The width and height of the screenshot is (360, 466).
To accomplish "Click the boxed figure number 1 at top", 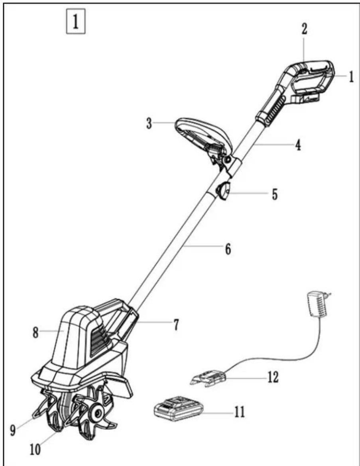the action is point(76,22).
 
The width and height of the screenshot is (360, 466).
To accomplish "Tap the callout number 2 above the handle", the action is point(304,29).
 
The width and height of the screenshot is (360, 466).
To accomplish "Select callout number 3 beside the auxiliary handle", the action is point(149,123).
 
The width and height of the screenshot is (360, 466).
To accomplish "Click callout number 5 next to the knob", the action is point(275,194).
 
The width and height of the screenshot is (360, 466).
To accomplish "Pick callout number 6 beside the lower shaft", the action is point(228,249).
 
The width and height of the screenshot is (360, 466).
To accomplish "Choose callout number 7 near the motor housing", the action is point(176,325).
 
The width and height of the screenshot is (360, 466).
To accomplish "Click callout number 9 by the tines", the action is point(13,430).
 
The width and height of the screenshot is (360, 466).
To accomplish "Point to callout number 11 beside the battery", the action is point(240,412).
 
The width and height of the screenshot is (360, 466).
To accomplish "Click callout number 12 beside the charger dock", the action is point(273,377).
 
